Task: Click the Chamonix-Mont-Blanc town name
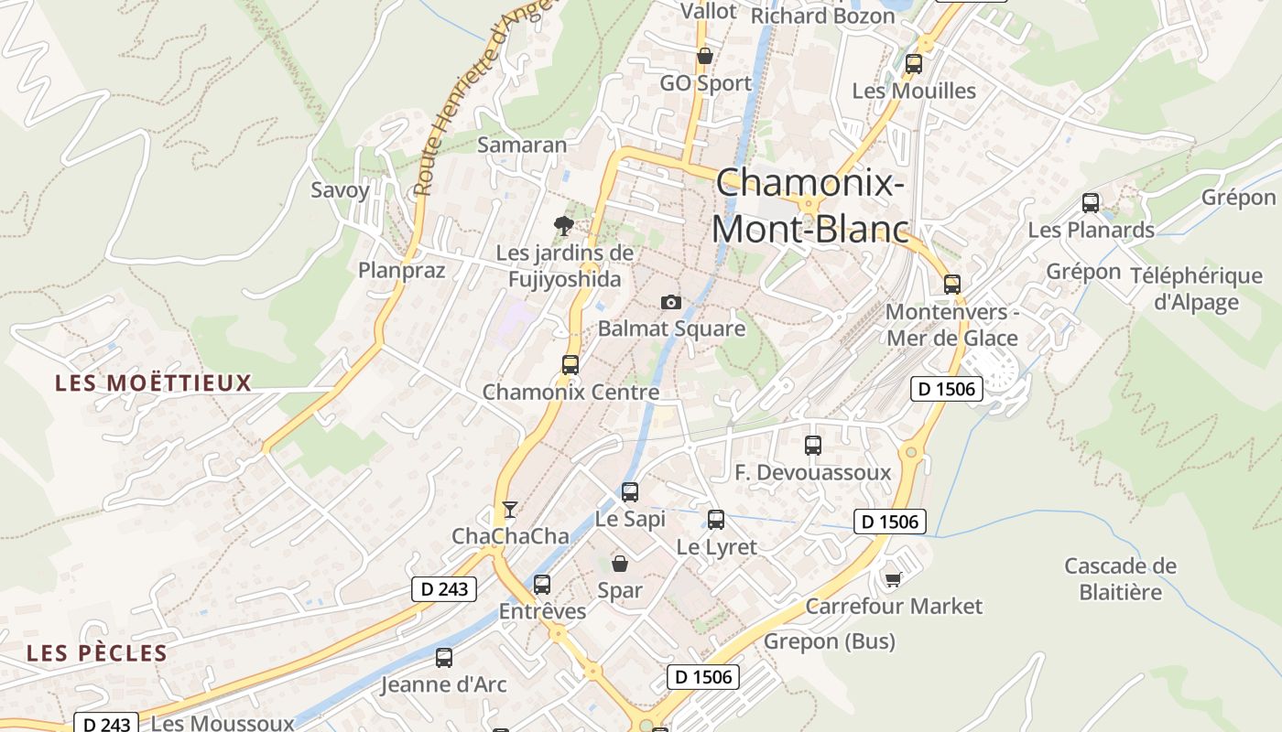coord(810,206)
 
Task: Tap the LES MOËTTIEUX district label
coord(153,382)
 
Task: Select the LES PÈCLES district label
coord(97,653)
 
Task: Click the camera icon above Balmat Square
coord(671,302)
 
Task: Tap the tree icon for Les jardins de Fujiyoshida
coord(564,225)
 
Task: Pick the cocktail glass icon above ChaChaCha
coord(510,510)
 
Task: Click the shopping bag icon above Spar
coord(620,564)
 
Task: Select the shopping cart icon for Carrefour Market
coord(893,579)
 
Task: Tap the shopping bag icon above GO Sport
coord(705,57)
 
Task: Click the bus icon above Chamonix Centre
coord(570,365)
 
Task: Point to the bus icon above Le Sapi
coord(630,492)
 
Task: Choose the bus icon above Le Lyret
coord(716,520)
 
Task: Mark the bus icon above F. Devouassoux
coord(813,446)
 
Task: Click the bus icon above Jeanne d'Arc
coord(444,657)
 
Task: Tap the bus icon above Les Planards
coord(1091,203)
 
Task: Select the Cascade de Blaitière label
coord(1120,578)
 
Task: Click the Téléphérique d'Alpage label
coord(1196,289)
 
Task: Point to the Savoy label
coord(341,190)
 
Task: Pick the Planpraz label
coord(401,270)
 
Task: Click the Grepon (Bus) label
coord(830,641)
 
